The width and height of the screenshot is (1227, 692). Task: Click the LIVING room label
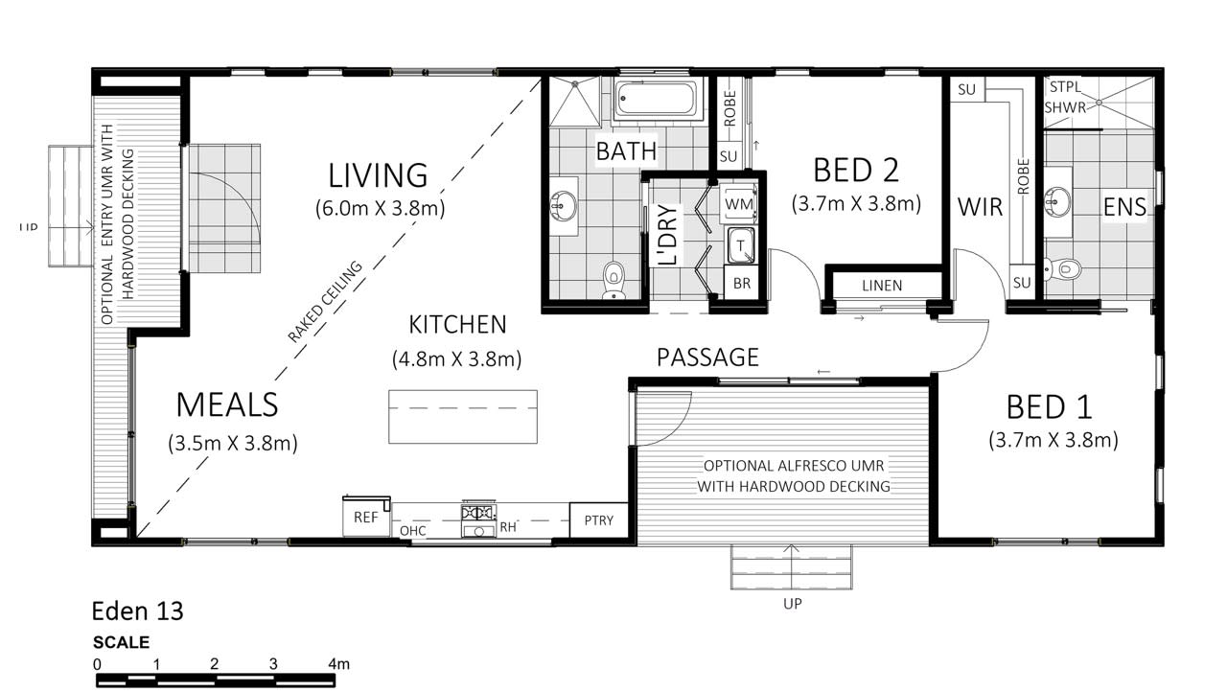pos(378,175)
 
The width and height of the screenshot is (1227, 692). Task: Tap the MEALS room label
pos(227,405)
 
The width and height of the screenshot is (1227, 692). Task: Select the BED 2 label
pos(856,170)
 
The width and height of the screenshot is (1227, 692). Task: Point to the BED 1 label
pos(1050,406)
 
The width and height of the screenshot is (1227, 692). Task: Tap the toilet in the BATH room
pos(614,279)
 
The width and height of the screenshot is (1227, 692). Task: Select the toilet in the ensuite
pos(1063,268)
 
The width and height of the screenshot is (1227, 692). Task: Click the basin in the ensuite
pos(1057,202)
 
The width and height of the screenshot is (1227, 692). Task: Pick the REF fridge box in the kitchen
pos(366,517)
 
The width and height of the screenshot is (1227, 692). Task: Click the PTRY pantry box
pos(599,520)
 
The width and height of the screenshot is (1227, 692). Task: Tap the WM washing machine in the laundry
pos(739,203)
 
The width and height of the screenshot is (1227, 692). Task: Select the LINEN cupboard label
pos(882,286)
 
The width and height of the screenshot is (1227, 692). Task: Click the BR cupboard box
pos(742,283)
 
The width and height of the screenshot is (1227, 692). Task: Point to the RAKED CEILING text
pos(325,302)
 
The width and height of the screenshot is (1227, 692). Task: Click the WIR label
pos(980,207)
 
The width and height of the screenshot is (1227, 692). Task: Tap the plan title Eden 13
pos(137,611)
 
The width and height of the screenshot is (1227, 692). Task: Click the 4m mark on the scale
pos(338,664)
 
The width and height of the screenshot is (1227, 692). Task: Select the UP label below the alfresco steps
pos(792,603)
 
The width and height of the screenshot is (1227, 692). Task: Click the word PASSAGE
pos(707,358)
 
